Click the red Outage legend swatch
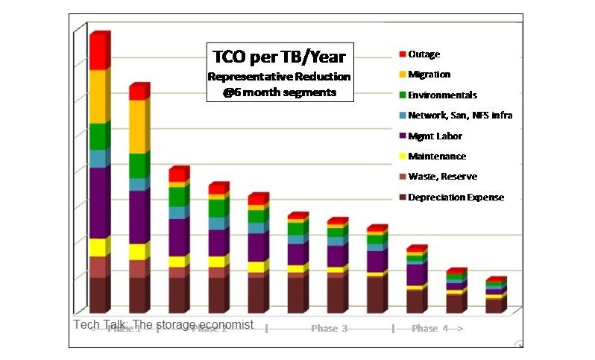coord(403,54)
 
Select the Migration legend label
coord(429,75)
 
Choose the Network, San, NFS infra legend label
coord(460,116)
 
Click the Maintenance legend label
coord(437,157)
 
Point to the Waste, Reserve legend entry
coord(442,177)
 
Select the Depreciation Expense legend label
coord(456,198)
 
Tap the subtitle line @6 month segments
coord(280,93)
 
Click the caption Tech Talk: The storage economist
coord(163,325)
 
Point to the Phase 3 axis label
coord(329,329)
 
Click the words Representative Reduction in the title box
coord(280,77)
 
